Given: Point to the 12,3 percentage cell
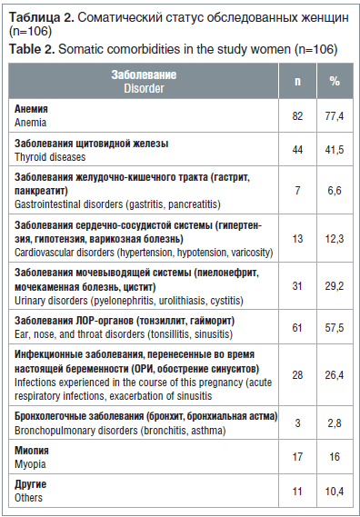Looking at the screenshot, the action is pos(335,239).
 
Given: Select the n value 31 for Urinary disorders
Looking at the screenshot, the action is pos(297,287).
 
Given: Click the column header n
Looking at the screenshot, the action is pos(297,81).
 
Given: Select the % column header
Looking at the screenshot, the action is pos(335,81).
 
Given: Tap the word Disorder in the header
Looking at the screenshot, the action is pos(144,88).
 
